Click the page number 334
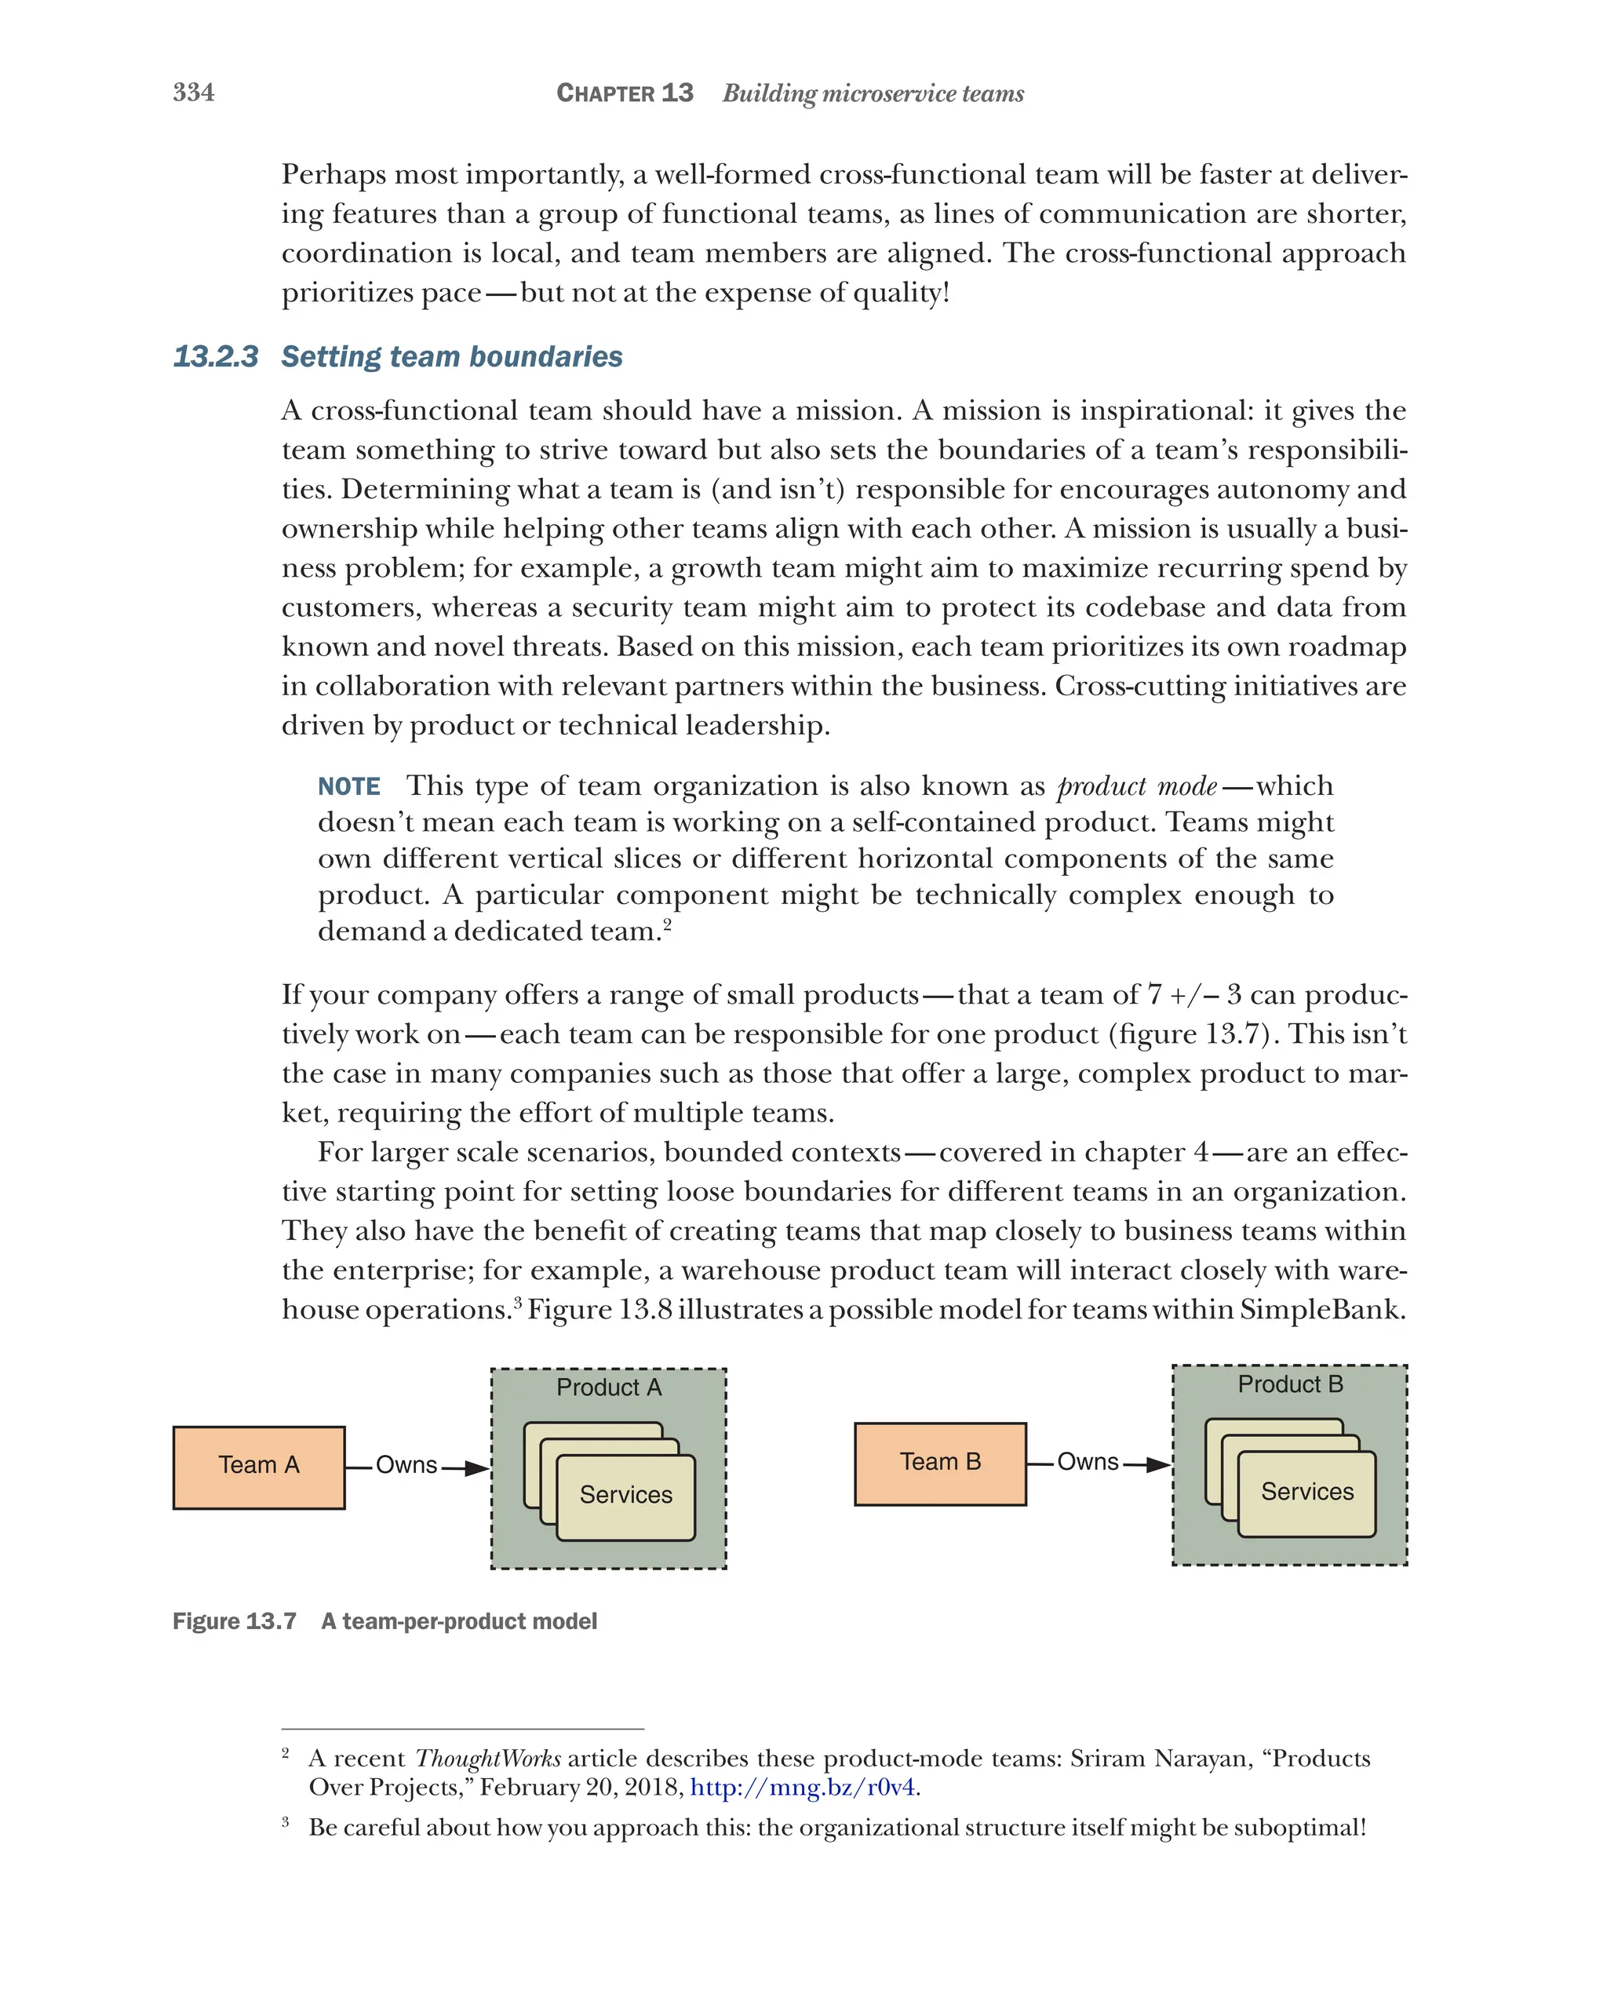coord(194,93)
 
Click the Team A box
coord(259,1466)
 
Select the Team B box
coord(939,1463)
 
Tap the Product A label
coord(609,1387)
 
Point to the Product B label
coord(1289,1384)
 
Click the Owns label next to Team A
coord(406,1465)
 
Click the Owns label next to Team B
coord(1088,1461)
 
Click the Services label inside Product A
coord(625,1494)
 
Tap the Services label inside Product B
coord(1307,1492)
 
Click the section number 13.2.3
coord(216,357)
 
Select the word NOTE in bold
coord(348,786)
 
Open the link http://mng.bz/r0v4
coord(802,1787)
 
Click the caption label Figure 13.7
coord(234,1621)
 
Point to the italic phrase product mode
coord(1136,786)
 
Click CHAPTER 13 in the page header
coord(625,93)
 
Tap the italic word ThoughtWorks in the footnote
coord(488,1758)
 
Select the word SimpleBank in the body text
coord(1322,1309)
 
